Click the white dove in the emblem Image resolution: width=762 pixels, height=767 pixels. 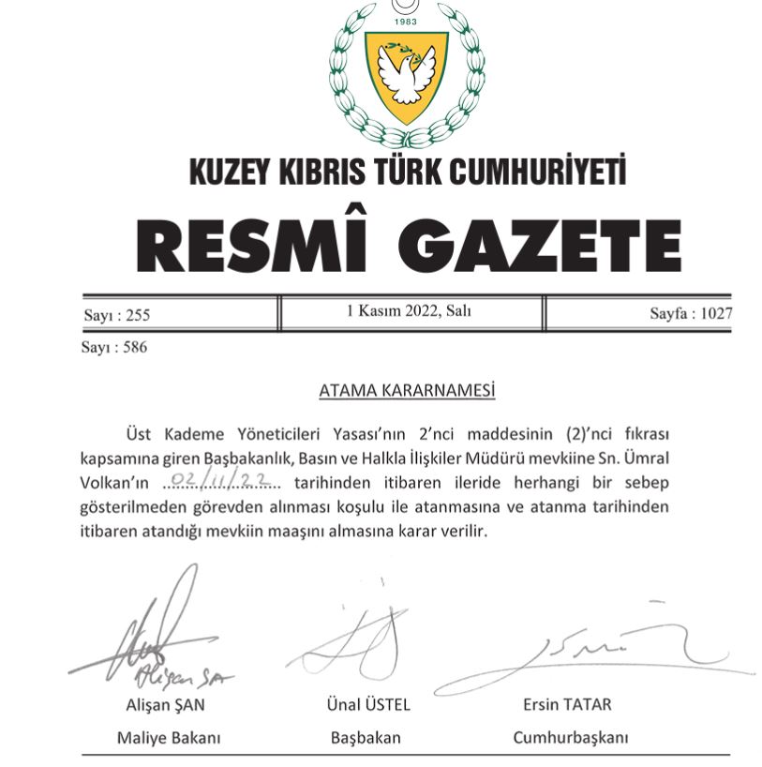[x=407, y=74]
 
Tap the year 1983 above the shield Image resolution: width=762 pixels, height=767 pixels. [x=406, y=21]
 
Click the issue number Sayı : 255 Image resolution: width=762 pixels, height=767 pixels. [x=116, y=315]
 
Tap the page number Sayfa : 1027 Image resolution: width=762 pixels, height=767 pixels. [x=691, y=314]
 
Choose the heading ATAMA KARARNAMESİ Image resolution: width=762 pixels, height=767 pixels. [x=407, y=390]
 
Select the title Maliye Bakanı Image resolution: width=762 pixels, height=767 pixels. [x=169, y=738]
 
